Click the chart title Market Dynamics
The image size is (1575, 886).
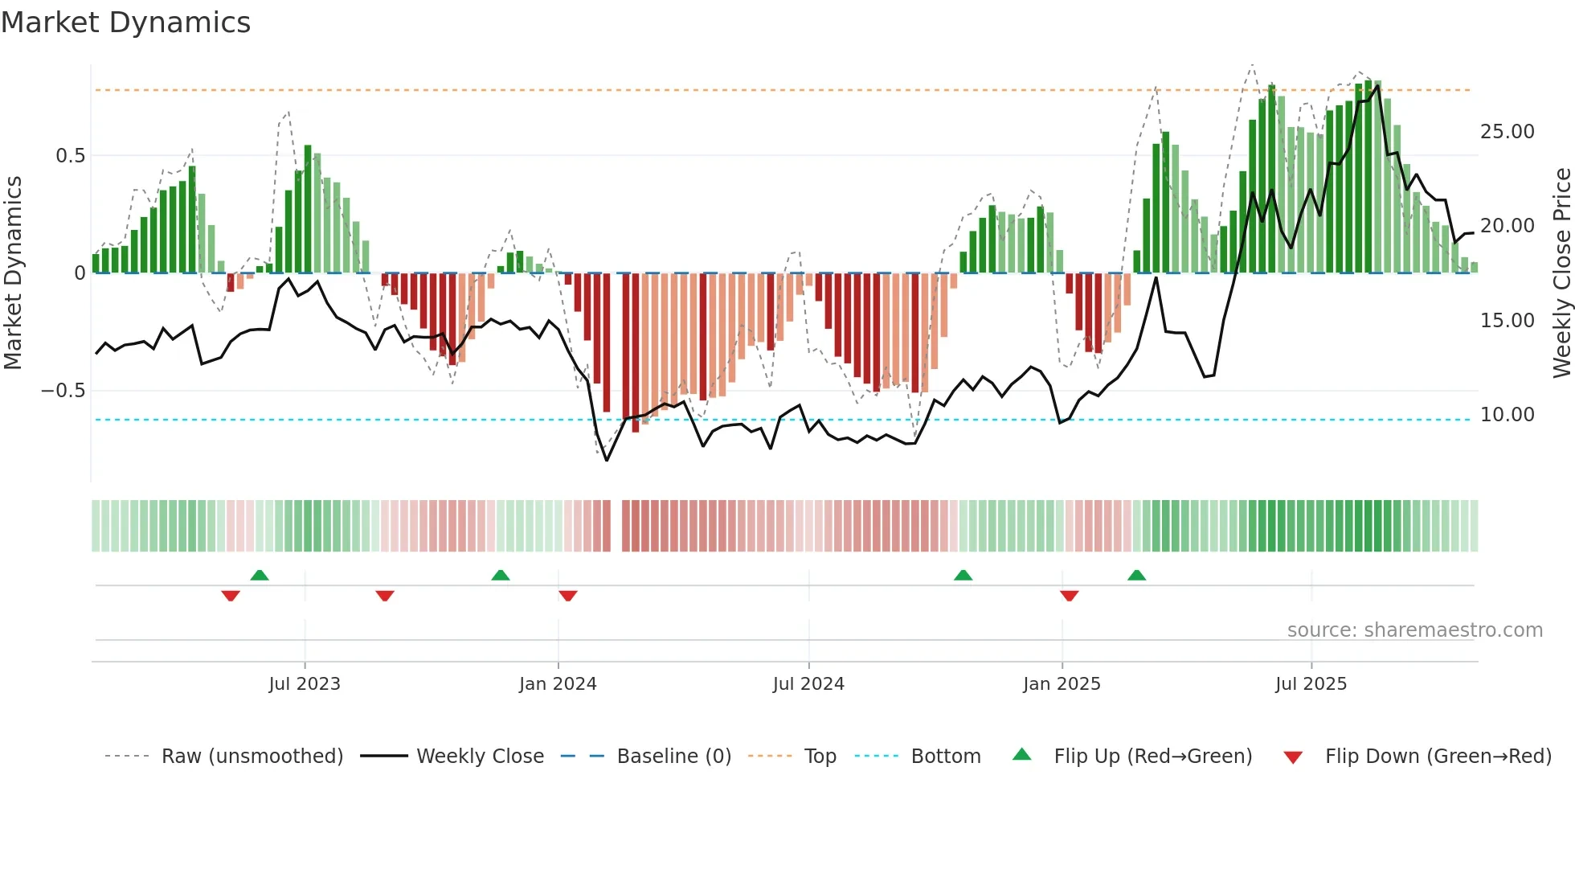(125, 23)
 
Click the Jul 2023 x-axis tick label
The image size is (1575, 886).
(305, 684)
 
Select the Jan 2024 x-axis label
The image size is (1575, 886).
(558, 684)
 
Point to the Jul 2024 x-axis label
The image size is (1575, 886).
(808, 684)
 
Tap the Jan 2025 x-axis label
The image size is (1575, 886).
(1062, 684)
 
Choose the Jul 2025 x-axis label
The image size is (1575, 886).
(1311, 684)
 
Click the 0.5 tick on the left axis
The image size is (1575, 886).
(70, 156)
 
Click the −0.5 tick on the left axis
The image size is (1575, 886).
(63, 391)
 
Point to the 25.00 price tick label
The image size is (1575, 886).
(1507, 132)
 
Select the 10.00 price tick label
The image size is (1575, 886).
(1507, 415)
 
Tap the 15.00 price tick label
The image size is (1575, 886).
(1507, 321)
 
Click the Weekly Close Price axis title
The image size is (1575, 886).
(1561, 273)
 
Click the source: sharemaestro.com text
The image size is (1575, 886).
(1414, 630)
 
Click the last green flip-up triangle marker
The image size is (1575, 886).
(1136, 576)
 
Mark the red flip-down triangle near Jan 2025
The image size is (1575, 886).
(1069, 596)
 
